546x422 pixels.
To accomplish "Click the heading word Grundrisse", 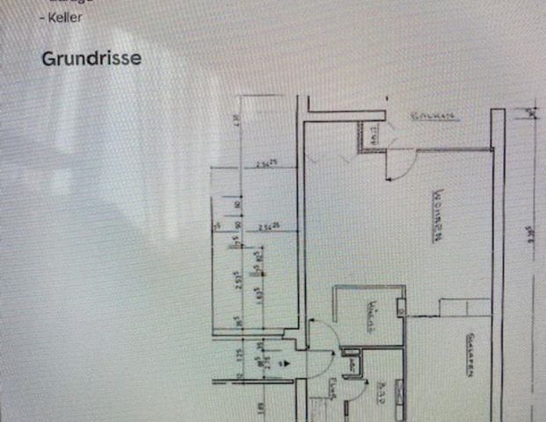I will (x=91, y=59).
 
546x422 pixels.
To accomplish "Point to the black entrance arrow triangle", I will (x=282, y=360).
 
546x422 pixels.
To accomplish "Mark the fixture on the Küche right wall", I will (x=400, y=309).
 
